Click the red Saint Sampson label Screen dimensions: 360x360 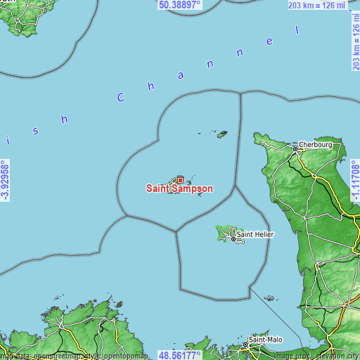pyautogui.click(x=179, y=188)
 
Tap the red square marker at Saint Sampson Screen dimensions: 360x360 pyautogui.click(x=180, y=180)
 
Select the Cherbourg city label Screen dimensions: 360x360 pyautogui.click(x=315, y=145)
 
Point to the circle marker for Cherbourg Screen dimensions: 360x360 pyautogui.click(x=295, y=148)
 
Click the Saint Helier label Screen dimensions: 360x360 pyautogui.click(x=255, y=234)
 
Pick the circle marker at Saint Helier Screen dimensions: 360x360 pyautogui.click(x=234, y=239)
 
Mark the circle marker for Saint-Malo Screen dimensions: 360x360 pyautogui.click(x=247, y=345)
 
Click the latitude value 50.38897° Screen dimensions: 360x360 pyautogui.click(x=180, y=5)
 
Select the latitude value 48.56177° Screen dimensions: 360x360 pyautogui.click(x=180, y=355)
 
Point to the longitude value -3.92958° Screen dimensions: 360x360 pyautogui.click(x=5, y=181)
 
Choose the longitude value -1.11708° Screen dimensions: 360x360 pyautogui.click(x=355, y=181)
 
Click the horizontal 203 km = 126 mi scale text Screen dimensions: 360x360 pyautogui.click(x=317, y=5)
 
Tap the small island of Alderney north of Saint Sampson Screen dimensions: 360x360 pyautogui.click(x=222, y=133)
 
